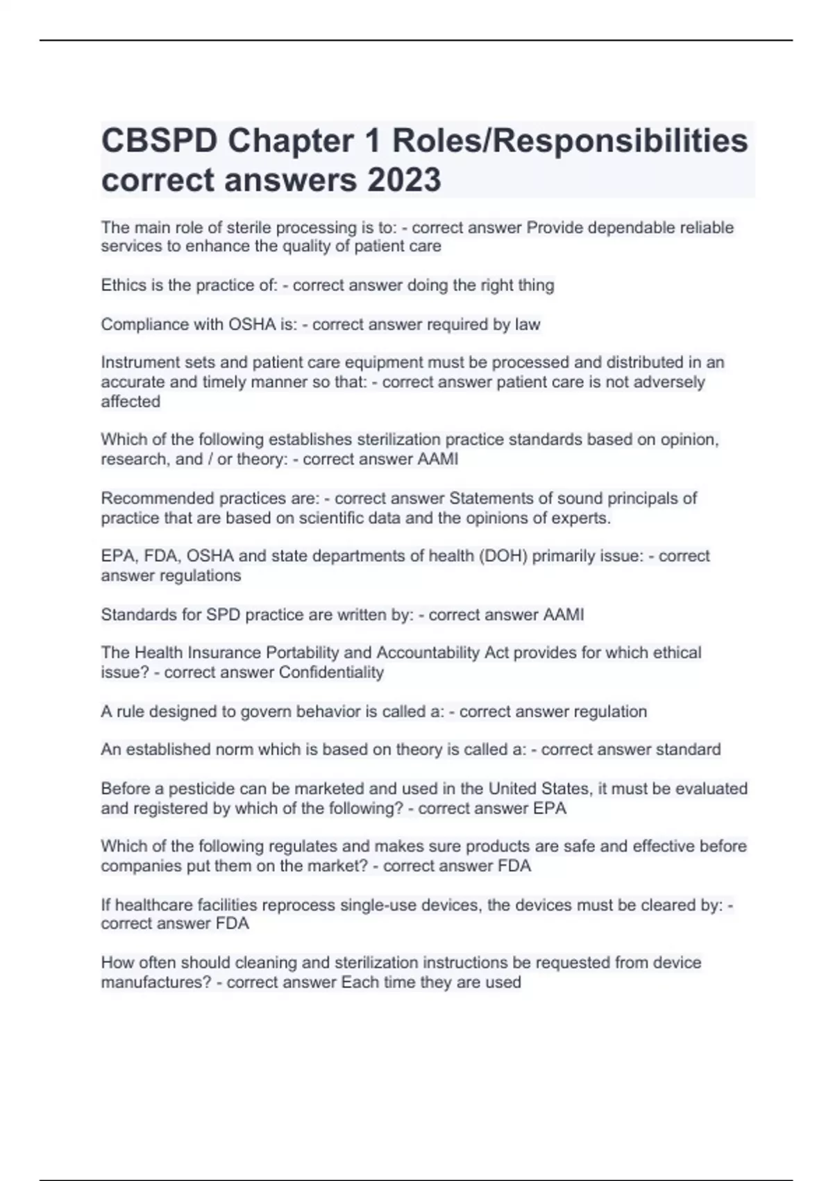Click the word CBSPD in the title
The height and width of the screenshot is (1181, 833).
click(x=160, y=141)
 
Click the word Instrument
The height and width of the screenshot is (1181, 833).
click(x=137, y=363)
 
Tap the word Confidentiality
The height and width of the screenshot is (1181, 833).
click(x=331, y=672)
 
